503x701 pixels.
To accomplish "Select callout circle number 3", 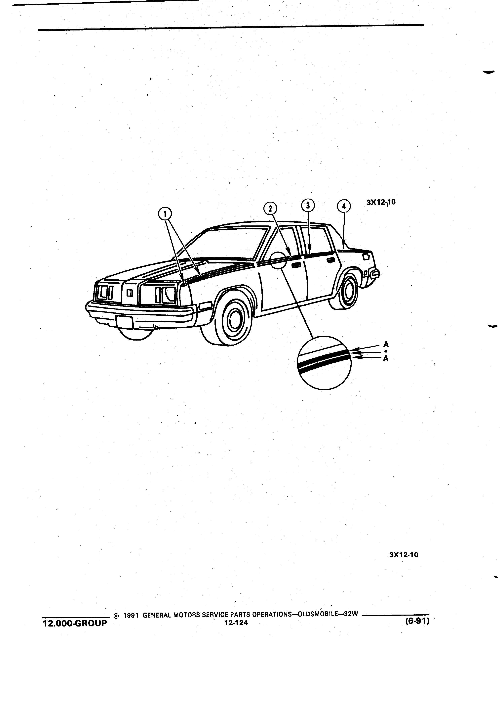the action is coord(308,205).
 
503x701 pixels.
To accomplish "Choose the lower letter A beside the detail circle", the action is coord(386,358).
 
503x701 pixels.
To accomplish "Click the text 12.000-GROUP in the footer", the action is coord(75,623).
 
